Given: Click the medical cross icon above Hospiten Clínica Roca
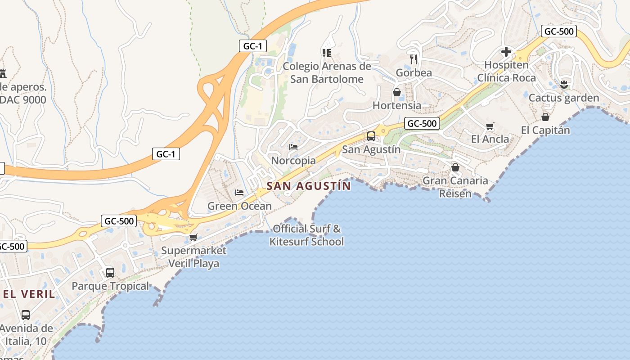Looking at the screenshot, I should click(x=506, y=52).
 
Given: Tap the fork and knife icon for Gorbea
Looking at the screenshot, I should click(x=414, y=59).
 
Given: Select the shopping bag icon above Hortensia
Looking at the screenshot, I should click(x=397, y=92).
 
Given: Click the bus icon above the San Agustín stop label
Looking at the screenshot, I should click(x=371, y=136).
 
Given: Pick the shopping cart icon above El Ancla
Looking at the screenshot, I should click(x=490, y=126).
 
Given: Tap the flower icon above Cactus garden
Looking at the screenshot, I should click(x=564, y=84).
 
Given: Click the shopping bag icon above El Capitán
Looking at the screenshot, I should click(x=545, y=117).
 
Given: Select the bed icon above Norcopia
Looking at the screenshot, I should click(x=293, y=147).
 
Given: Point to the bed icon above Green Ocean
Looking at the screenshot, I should click(x=239, y=193).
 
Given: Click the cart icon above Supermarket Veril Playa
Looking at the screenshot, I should click(x=193, y=237).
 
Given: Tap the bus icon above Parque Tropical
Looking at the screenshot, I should click(x=110, y=272).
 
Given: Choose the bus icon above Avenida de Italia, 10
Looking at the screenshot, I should click(x=26, y=315).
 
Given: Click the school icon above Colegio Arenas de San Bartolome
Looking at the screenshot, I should click(x=327, y=53).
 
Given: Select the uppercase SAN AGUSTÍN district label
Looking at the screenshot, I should click(x=309, y=186).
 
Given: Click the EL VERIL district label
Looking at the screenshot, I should click(x=29, y=294).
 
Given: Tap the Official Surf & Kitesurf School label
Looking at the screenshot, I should click(x=306, y=235).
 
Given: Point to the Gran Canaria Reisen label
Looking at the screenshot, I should click(x=455, y=187).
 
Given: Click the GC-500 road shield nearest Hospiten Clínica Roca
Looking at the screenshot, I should click(x=558, y=31).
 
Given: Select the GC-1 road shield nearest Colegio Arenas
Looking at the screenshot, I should click(x=253, y=46).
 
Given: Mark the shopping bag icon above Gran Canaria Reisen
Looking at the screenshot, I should click(x=455, y=167).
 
